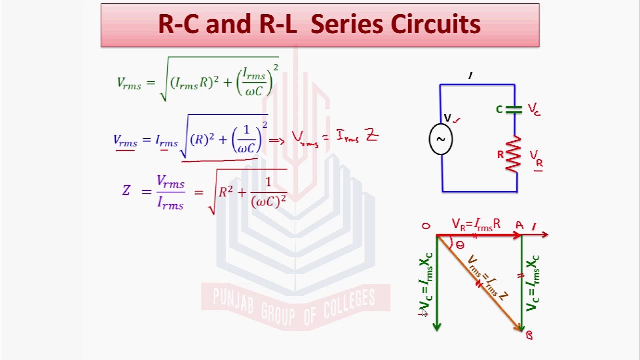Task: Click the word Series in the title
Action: tap(347, 24)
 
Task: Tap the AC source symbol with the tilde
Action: tap(441, 139)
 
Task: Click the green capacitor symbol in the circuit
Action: tap(514, 110)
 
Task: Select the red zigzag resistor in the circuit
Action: tap(513, 154)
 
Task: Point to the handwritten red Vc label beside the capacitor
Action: tap(534, 109)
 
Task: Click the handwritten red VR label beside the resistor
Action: tap(536, 159)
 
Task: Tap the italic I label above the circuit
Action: tap(470, 76)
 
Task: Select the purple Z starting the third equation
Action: tap(126, 190)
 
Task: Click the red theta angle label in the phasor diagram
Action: tap(460, 245)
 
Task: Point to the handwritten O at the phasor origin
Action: tap(426, 226)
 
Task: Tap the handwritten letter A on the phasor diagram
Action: tap(519, 225)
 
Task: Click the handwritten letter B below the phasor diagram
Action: tap(529, 335)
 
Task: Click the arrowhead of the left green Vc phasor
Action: tap(437, 327)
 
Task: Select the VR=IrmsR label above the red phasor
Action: tap(476, 225)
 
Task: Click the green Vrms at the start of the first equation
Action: tap(129, 83)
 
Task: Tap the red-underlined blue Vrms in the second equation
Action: tap(125, 141)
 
